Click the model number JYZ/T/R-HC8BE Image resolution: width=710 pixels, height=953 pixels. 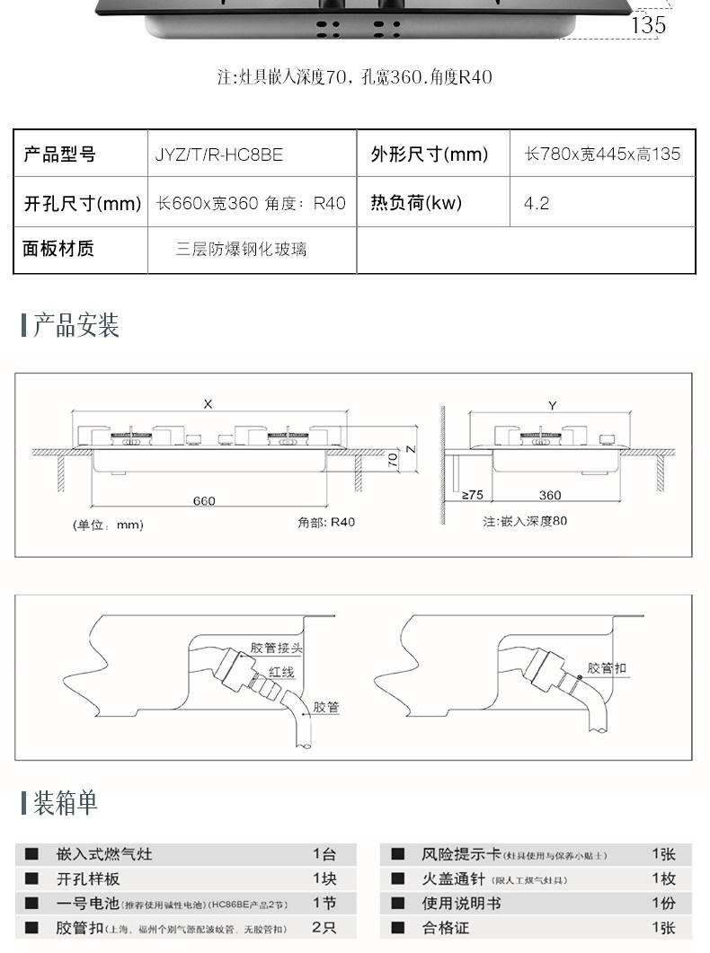[x=218, y=154]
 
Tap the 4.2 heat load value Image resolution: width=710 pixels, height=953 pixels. [x=537, y=204]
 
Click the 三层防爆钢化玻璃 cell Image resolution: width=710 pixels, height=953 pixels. [x=241, y=249]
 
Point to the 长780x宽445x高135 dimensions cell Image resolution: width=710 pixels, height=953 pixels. [x=602, y=154]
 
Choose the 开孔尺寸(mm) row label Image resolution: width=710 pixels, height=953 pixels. [x=82, y=204]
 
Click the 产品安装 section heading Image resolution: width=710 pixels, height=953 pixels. [x=75, y=325]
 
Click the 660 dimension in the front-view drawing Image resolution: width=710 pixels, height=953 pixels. [x=204, y=500]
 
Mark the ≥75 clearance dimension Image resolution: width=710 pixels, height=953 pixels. [x=472, y=495]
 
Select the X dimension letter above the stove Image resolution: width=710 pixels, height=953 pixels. [x=208, y=405]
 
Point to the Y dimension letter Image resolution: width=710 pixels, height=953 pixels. [x=552, y=406]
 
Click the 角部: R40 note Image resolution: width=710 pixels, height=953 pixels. [x=326, y=522]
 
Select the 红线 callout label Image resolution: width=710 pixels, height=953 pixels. [x=280, y=672]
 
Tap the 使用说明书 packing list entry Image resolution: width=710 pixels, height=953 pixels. [x=461, y=903]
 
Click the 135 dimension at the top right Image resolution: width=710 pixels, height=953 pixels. [x=648, y=25]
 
